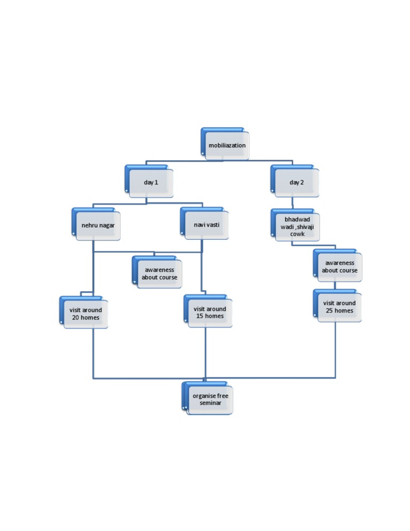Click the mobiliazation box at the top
pos(227,145)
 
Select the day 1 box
pos(151,183)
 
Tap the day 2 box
pos(297,183)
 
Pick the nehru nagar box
pos(98,225)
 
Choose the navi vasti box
pos(207,225)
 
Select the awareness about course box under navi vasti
pos(159,274)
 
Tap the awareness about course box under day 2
pos(340,267)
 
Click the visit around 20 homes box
pos(85,314)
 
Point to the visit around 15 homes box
pos(209,313)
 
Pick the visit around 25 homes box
pos(339,307)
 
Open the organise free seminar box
pos(210,400)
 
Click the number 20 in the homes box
pos(76,318)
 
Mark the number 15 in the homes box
pos(199,316)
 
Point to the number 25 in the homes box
pos(329,311)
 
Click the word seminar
pos(210,403)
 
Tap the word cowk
pos(297,234)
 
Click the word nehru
pos(89,225)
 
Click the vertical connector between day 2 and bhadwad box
pos(293,203)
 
